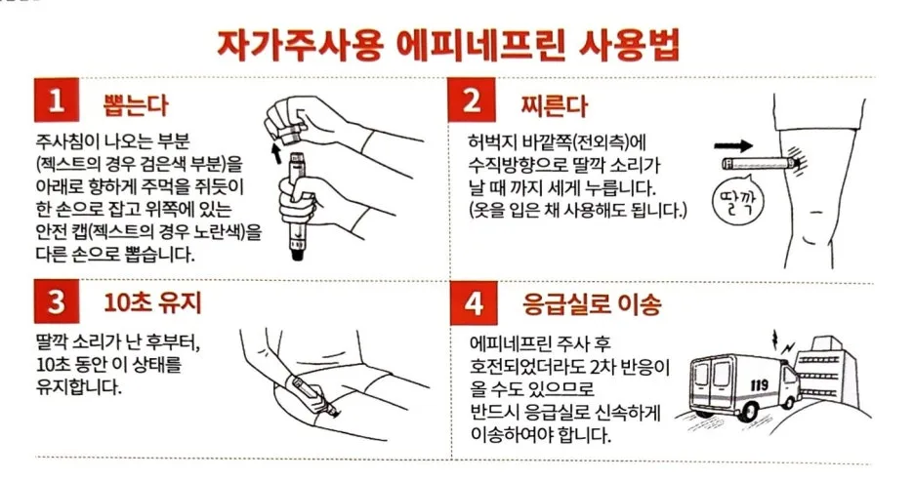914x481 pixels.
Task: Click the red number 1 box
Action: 57,100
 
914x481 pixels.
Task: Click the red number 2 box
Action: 472,100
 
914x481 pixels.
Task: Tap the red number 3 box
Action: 57,301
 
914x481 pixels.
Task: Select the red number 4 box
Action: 474,302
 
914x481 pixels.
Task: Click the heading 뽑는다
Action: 135,104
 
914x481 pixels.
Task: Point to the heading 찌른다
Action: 555,105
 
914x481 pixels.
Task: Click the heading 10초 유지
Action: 152,302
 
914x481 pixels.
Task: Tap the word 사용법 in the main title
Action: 629,44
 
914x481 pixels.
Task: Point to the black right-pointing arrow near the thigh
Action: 732,145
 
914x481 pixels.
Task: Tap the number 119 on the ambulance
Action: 759,385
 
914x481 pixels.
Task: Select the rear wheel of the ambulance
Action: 747,410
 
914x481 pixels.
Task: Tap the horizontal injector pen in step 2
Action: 761,163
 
